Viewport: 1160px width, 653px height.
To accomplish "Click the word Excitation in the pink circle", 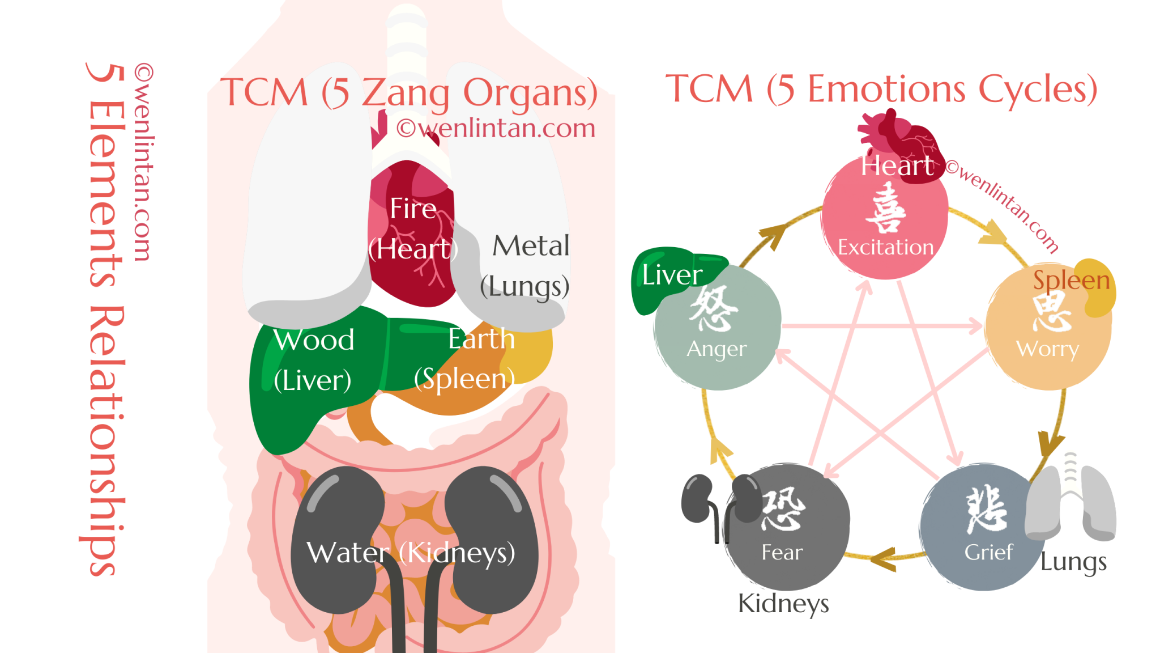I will tap(885, 248).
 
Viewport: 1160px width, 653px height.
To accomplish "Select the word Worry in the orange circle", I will tap(1047, 349).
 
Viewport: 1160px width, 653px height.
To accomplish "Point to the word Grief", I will tap(988, 552).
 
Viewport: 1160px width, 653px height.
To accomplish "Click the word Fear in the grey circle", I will tap(782, 552).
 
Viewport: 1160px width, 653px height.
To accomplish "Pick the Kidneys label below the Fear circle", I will tap(783, 603).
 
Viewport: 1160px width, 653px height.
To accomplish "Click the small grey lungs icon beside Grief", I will tap(1071, 502).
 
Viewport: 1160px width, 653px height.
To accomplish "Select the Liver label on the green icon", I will tap(672, 275).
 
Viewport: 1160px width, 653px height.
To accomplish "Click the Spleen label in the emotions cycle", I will tap(1071, 280).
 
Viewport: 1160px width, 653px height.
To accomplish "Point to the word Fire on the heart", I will tap(413, 209).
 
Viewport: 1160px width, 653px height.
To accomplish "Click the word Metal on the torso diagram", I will tap(531, 246).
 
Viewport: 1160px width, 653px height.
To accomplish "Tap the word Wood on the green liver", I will tap(314, 340).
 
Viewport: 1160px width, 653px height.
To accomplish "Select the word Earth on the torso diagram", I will tap(481, 339).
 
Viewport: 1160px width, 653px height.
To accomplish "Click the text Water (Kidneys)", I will tap(411, 553).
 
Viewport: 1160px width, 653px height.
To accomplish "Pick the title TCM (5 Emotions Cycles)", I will tap(881, 89).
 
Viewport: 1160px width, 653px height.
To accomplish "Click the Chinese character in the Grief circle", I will tap(987, 509).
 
